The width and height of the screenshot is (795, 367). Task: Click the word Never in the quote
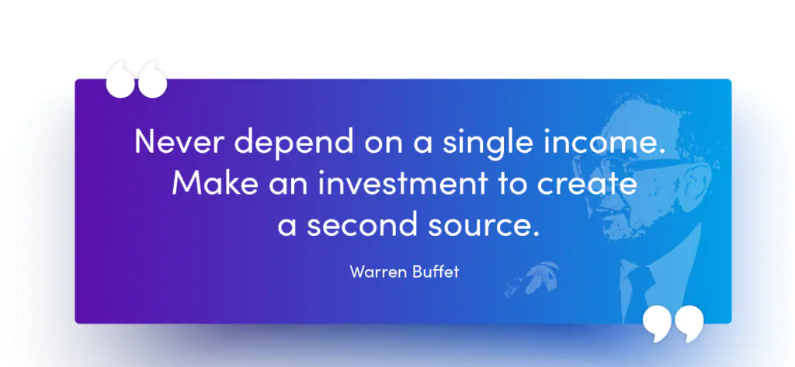(179, 141)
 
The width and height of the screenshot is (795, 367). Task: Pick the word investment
(403, 183)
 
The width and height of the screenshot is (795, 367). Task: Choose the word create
(587, 184)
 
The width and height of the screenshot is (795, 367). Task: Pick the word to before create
(512, 184)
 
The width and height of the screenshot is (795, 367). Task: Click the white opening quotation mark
(136, 79)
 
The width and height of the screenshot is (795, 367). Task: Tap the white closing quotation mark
(673, 324)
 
